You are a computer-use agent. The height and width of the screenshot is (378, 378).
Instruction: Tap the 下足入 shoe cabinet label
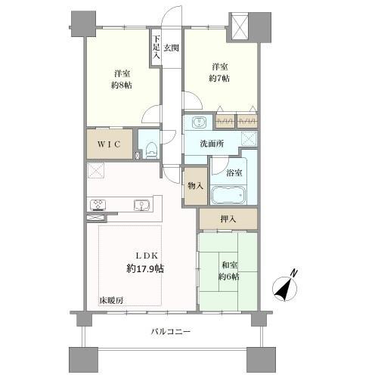click(156, 47)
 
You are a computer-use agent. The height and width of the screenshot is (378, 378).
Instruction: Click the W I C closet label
click(108, 144)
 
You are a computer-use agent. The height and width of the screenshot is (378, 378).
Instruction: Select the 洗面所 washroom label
click(212, 143)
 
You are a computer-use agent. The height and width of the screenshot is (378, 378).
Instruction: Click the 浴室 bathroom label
click(235, 172)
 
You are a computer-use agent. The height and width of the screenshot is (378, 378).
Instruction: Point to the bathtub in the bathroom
click(228, 197)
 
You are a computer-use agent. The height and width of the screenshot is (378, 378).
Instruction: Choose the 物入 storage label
click(194, 186)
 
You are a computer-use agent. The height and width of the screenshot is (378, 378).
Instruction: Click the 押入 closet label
click(228, 218)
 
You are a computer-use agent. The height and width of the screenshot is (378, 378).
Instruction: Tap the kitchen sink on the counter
click(141, 204)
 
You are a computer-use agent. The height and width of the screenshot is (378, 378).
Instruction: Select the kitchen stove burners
click(99, 204)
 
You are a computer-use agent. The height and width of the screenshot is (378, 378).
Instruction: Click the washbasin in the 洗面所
click(199, 122)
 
